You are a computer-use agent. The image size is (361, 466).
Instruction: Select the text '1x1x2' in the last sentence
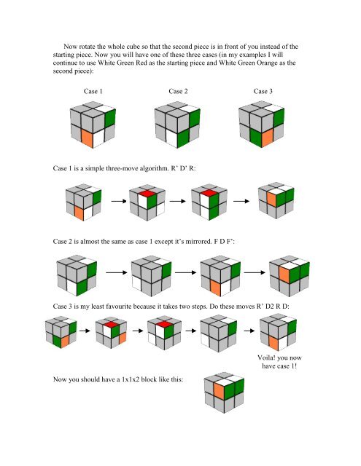(x=138, y=400)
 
